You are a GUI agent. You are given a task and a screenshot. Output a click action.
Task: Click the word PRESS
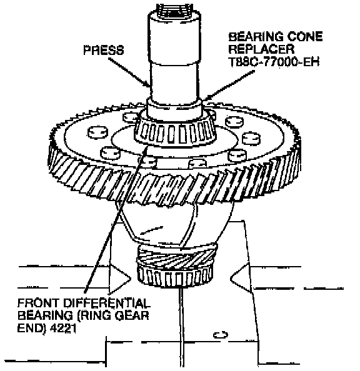click(x=104, y=50)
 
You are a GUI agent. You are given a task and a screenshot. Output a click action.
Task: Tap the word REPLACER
click(x=261, y=49)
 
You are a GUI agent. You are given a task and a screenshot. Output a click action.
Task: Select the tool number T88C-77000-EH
click(x=274, y=62)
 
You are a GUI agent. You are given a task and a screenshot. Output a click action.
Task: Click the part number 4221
click(x=63, y=329)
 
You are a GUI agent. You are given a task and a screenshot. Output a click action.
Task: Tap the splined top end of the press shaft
click(x=174, y=11)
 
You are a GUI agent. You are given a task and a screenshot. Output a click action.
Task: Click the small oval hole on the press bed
click(x=221, y=335)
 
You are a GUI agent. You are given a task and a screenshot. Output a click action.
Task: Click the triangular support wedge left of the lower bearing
click(x=119, y=279)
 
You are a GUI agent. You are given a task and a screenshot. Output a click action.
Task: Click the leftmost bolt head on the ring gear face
click(x=98, y=132)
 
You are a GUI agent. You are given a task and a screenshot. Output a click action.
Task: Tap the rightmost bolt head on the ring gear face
click(x=251, y=139)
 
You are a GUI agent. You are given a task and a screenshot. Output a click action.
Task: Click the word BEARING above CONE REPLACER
click(x=256, y=37)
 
